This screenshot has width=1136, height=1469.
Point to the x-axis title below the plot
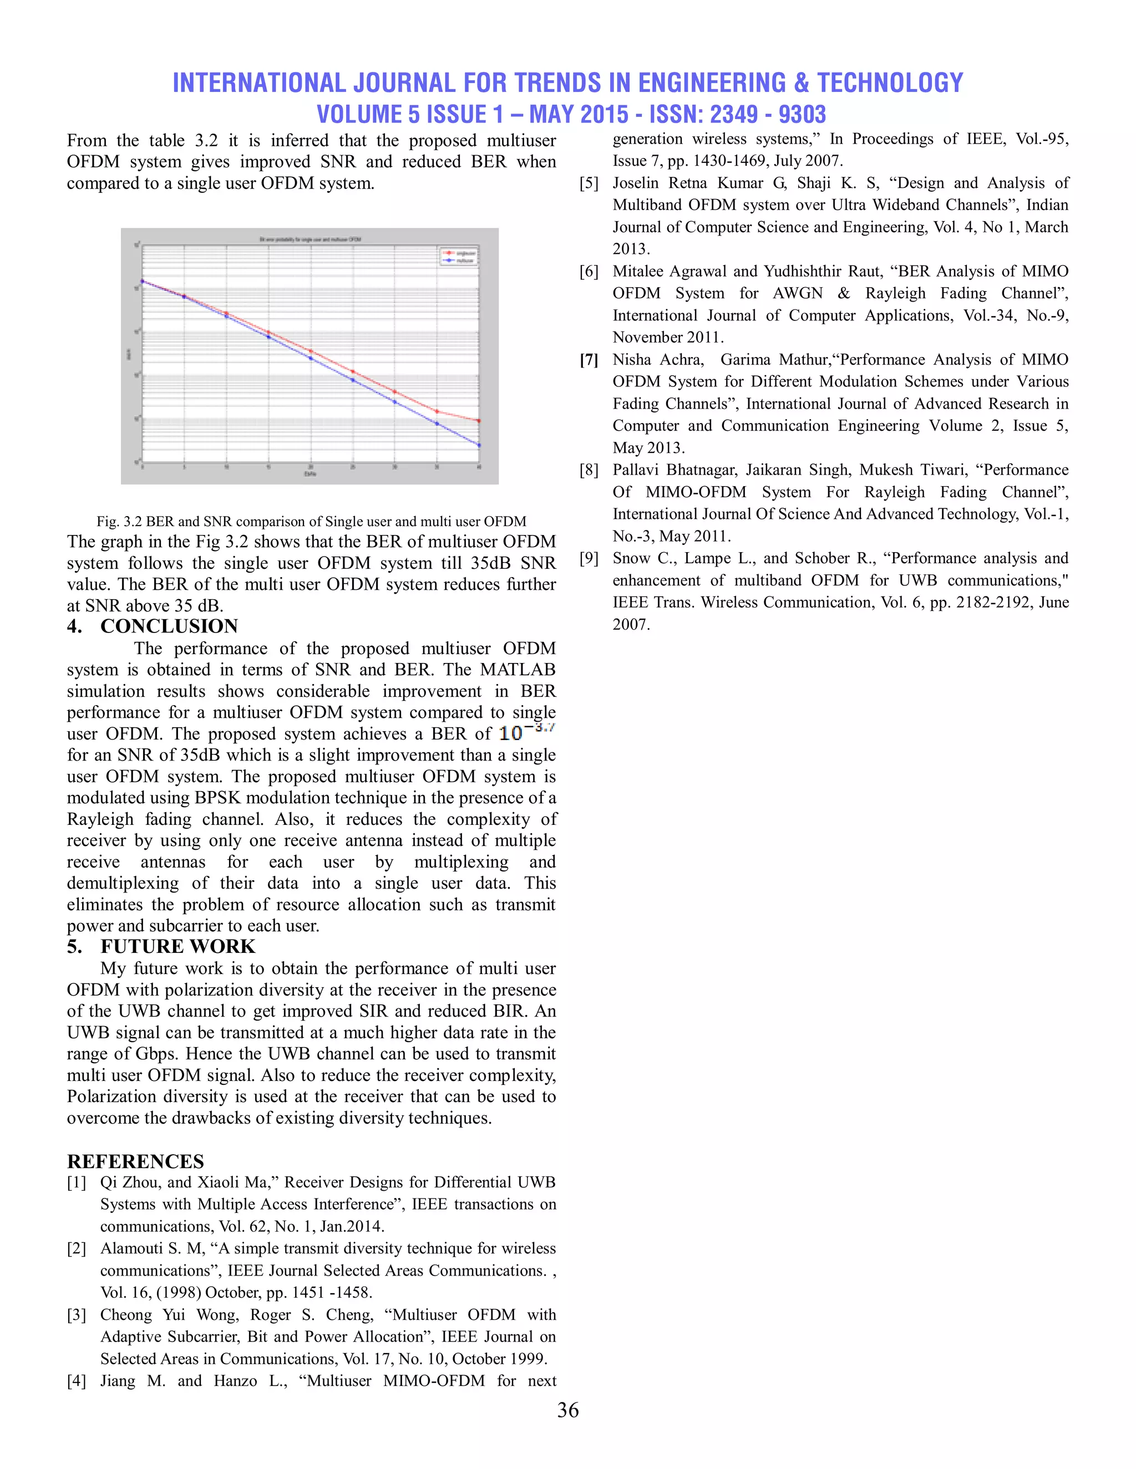(x=310, y=473)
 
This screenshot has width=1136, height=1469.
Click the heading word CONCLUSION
(x=169, y=626)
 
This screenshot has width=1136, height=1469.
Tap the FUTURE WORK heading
(x=177, y=946)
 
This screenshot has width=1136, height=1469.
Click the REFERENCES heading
(x=135, y=1161)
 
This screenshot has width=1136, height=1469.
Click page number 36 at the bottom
(x=567, y=1410)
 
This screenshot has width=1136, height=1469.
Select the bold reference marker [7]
(x=589, y=360)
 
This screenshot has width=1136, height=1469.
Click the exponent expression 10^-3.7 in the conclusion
(x=526, y=732)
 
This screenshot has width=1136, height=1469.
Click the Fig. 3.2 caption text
(x=311, y=521)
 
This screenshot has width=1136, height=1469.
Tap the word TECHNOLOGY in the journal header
(x=890, y=83)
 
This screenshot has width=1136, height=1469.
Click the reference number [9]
(x=589, y=558)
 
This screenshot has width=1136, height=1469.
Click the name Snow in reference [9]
(x=632, y=558)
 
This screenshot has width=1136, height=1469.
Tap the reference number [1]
(x=76, y=1182)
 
